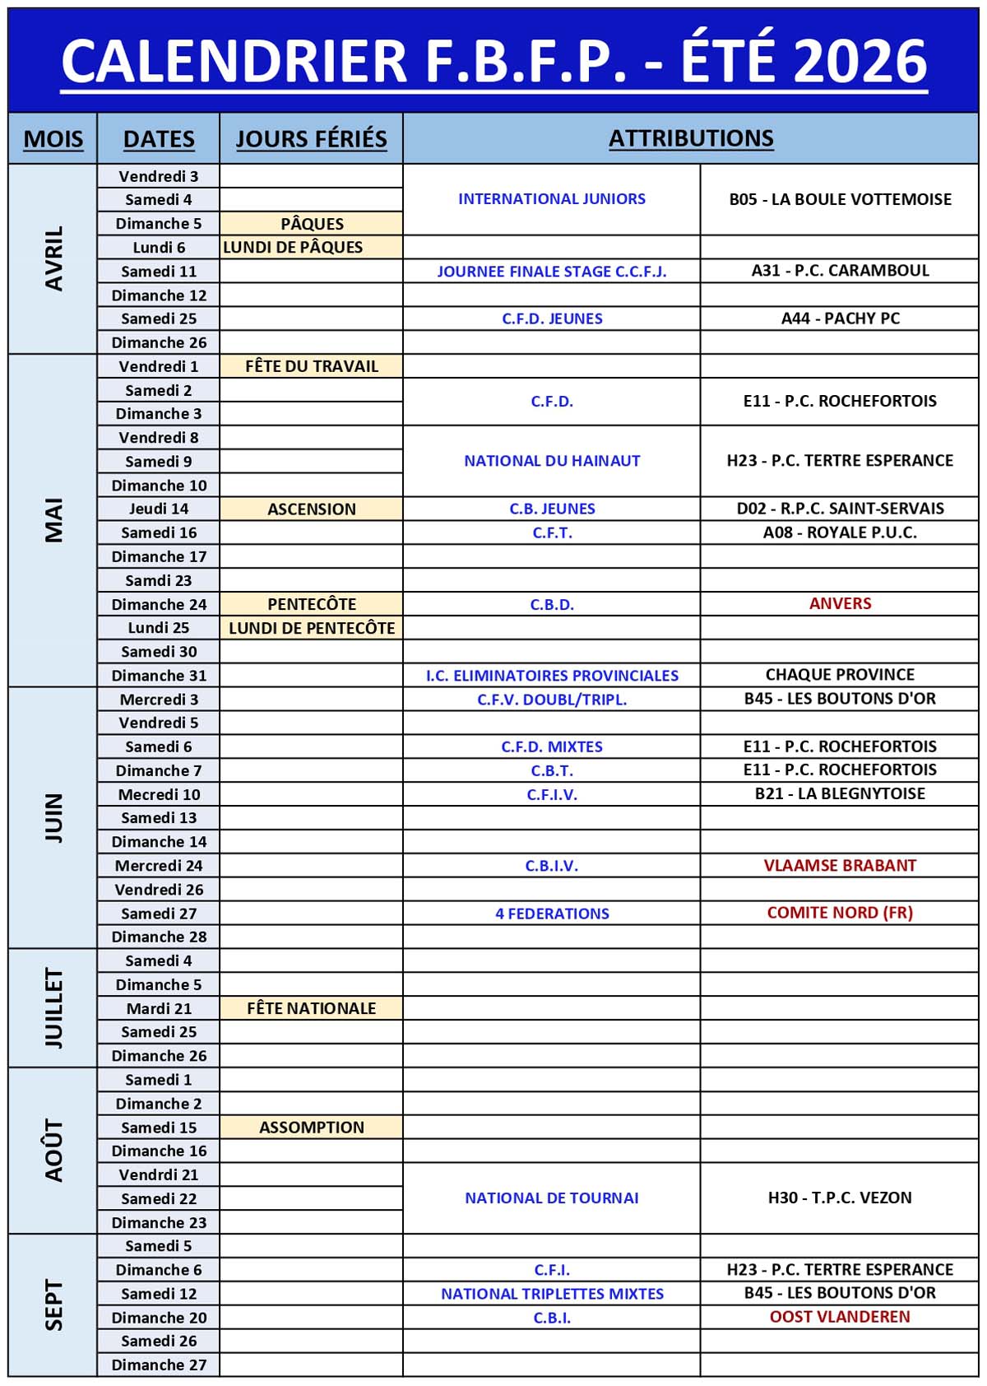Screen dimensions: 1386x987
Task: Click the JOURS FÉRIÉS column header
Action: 311,139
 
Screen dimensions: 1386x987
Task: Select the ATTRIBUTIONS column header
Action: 691,138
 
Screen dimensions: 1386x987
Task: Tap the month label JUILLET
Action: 53,1007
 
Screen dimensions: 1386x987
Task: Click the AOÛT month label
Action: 53,1150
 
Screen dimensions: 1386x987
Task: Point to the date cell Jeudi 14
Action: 159,509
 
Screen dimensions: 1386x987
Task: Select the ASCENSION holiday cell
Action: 312,509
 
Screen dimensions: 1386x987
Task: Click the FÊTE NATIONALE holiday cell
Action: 312,1008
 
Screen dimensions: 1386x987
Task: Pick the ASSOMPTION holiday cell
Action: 312,1127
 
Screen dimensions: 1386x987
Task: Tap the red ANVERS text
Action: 840,603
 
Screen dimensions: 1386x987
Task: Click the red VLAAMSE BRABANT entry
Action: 840,865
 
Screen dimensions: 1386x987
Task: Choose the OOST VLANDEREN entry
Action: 840,1316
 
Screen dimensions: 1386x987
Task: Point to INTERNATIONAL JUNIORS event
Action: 552,199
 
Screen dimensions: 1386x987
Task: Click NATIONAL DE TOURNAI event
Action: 552,1198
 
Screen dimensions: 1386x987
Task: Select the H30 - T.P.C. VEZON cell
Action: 840,1198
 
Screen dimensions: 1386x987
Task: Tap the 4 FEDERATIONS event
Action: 552,913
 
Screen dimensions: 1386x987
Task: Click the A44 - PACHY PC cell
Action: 840,319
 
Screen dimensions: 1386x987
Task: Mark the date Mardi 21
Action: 159,1008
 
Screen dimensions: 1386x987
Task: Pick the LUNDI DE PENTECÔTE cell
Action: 312,628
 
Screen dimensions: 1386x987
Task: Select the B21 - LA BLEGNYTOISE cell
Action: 840,793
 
